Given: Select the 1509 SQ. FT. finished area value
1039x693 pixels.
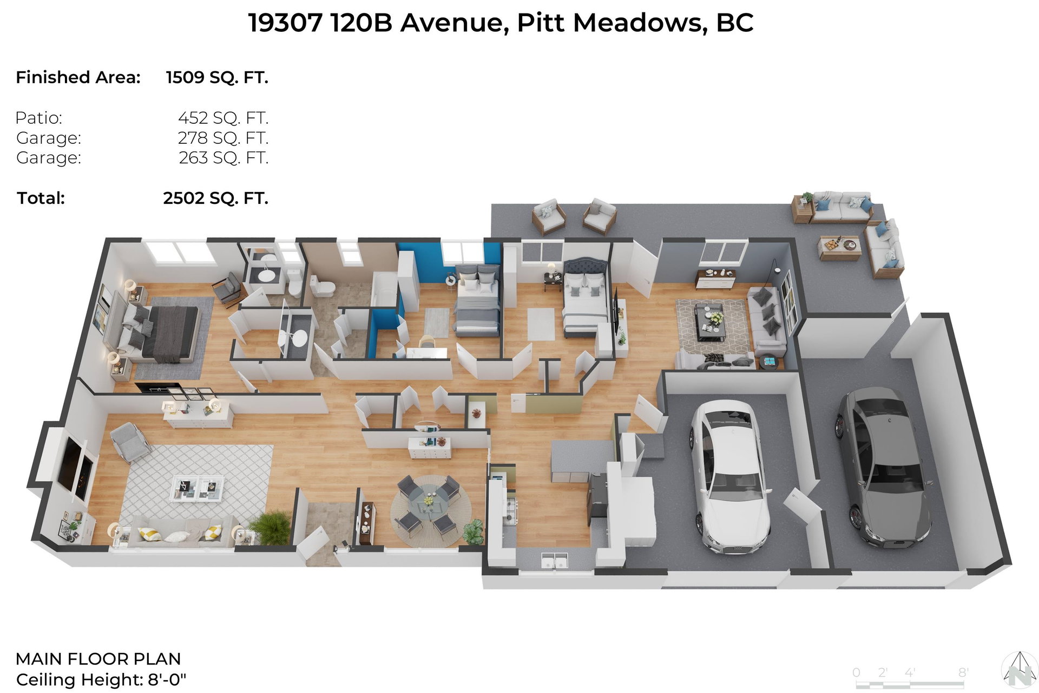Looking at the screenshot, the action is click(217, 78).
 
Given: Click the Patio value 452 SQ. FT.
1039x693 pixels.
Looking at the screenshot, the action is click(223, 118).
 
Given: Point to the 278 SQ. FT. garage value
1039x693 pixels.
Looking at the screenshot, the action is click(223, 138).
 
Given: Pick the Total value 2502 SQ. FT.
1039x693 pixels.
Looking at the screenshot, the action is click(215, 198).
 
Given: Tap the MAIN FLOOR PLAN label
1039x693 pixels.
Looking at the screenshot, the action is click(98, 659).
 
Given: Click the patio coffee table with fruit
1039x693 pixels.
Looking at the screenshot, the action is click(839, 248).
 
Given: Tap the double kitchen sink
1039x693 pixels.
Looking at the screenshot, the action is click(554, 561).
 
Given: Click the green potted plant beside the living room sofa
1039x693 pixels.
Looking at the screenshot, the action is click(270, 527).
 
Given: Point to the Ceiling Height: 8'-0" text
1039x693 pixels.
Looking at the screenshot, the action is click(101, 679).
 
